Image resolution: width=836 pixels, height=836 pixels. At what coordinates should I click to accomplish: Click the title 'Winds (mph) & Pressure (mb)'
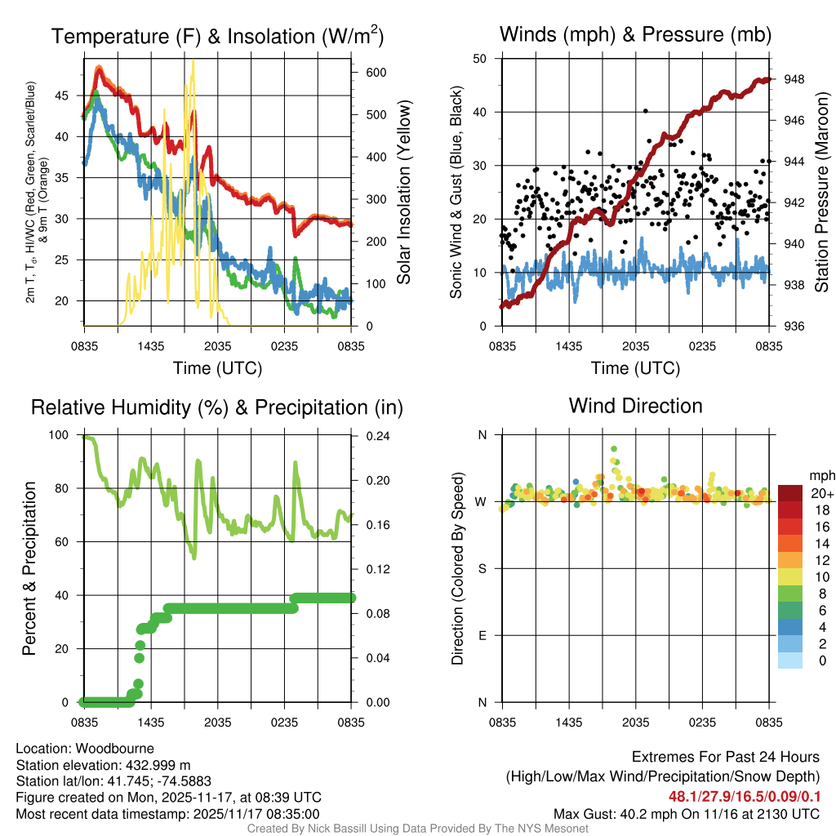pyautogui.click(x=635, y=34)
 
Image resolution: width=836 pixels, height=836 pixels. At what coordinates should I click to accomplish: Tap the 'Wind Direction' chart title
pyautogui.click(x=635, y=406)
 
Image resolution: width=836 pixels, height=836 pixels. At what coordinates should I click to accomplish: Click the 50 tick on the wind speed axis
pyautogui.click(x=480, y=59)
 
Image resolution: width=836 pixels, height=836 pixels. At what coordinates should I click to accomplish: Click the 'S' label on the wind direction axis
pyautogui.click(x=482, y=568)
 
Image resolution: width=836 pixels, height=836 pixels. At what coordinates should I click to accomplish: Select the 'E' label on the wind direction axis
pyautogui.click(x=482, y=635)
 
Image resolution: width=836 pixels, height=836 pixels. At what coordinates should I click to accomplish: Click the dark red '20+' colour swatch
pyautogui.click(x=790, y=493)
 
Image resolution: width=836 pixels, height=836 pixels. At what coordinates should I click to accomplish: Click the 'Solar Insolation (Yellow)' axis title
pyautogui.click(x=404, y=193)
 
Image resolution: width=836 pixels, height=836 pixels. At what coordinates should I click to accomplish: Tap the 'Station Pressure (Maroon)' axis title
pyautogui.click(x=822, y=193)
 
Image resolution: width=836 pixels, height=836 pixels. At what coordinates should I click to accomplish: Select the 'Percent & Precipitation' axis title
pyautogui.click(x=29, y=568)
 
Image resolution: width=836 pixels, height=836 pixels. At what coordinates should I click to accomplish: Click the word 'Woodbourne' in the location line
pyautogui.click(x=114, y=749)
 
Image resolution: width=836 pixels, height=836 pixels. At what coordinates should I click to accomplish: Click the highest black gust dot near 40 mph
pyautogui.click(x=645, y=110)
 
